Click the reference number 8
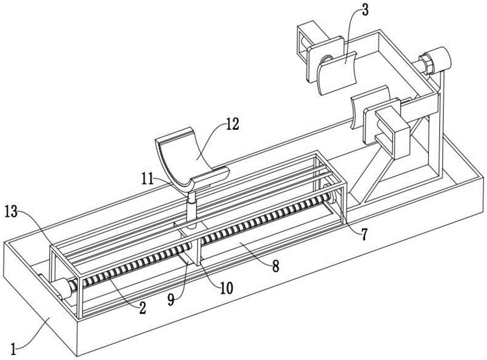point(276,266)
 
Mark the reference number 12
point(232,125)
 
